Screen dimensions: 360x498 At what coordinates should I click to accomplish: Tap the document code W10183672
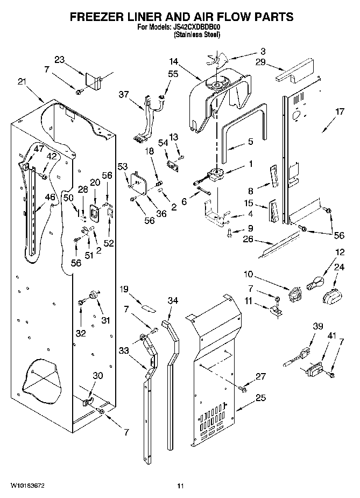[x=27, y=486]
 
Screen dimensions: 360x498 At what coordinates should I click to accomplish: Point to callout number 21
[x=22, y=82]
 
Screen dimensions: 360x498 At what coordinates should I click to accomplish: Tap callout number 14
[x=174, y=61]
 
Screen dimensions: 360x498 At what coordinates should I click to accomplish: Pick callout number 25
[x=260, y=398]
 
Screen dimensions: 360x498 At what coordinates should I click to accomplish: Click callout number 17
[x=340, y=111]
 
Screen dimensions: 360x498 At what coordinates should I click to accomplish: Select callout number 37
[x=124, y=94]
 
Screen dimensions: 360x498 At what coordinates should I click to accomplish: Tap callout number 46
[x=50, y=197]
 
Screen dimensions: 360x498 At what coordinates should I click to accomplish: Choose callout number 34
[x=173, y=300]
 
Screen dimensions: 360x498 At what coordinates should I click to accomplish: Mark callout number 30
[x=98, y=376]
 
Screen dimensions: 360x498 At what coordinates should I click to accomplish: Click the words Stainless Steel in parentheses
[x=197, y=34]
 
